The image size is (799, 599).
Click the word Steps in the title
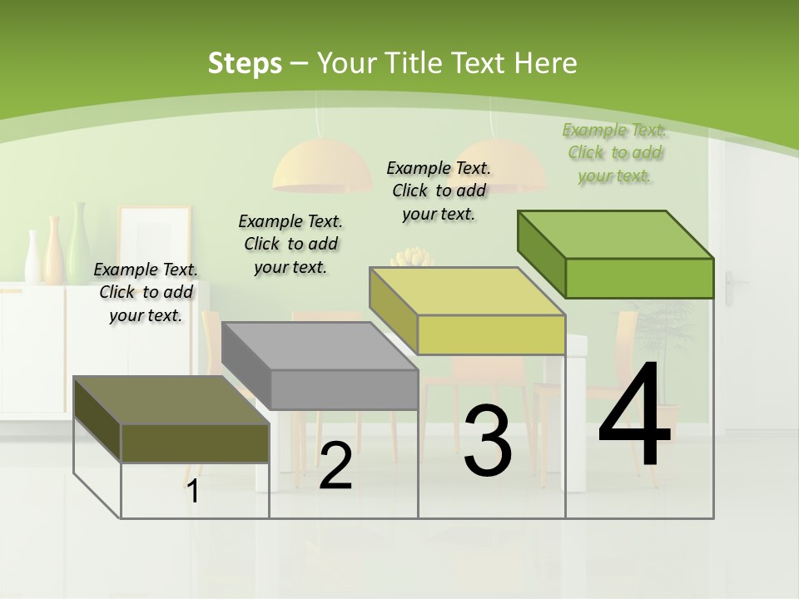245,63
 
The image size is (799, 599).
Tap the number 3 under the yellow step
488,441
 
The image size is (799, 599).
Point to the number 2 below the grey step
335,467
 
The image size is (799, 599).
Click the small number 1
193,492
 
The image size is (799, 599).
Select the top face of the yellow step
467,291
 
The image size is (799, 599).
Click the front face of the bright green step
639,278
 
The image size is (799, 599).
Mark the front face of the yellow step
491,334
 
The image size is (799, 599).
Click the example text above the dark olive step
146,292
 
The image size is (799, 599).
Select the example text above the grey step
290,244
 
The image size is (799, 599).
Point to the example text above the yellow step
439,191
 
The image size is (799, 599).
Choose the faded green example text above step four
614,152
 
